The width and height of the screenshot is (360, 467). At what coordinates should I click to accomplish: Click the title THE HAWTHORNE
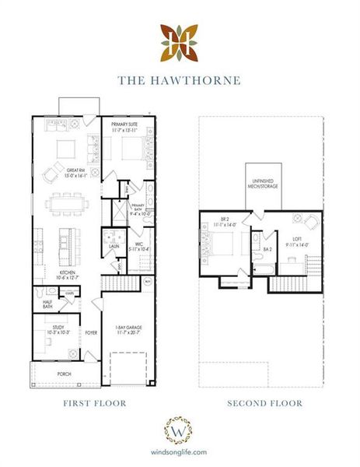click(180, 79)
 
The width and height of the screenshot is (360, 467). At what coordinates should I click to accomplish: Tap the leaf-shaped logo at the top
click(180, 42)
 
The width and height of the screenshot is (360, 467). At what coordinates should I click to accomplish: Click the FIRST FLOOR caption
click(94, 403)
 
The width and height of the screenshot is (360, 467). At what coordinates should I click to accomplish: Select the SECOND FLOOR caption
click(264, 403)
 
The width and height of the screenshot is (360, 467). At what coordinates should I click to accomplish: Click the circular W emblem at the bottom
click(180, 430)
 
